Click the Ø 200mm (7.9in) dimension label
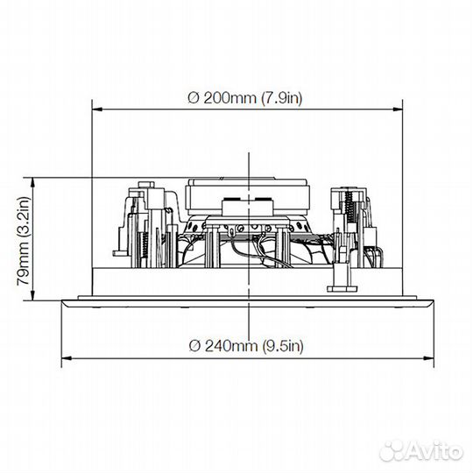245,98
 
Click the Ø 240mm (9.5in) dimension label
246,346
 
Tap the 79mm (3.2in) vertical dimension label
24,241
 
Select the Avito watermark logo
421,452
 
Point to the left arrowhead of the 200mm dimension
96,109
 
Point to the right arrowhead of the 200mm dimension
398,109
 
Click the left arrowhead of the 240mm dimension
67,358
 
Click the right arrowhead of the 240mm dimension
429,358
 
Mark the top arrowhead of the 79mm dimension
33,182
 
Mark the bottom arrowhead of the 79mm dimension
33,295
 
